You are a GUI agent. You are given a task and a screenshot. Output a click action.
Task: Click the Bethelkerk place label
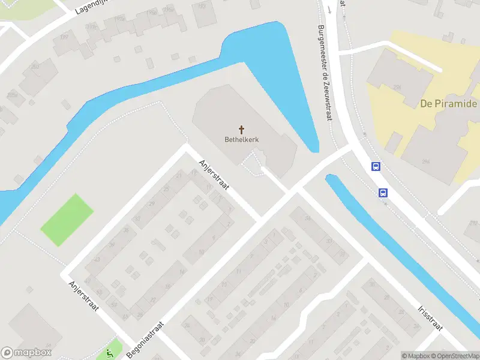tap(242, 140)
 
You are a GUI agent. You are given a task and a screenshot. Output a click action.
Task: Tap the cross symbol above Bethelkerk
tap(242, 129)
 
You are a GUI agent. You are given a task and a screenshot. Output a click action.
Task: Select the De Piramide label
tap(448, 104)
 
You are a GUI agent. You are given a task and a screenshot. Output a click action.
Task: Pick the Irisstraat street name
tap(430, 316)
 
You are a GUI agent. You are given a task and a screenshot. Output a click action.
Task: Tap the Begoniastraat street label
tap(146, 340)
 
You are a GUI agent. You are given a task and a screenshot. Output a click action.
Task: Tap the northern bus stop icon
tap(376, 167)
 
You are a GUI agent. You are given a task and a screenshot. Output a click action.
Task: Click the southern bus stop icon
tap(383, 193)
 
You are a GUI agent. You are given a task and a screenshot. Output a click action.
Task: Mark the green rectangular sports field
tap(67, 220)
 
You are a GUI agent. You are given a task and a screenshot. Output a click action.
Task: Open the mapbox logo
tap(26, 353)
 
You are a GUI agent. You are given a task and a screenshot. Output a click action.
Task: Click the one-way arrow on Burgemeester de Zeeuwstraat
tap(329, 9)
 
